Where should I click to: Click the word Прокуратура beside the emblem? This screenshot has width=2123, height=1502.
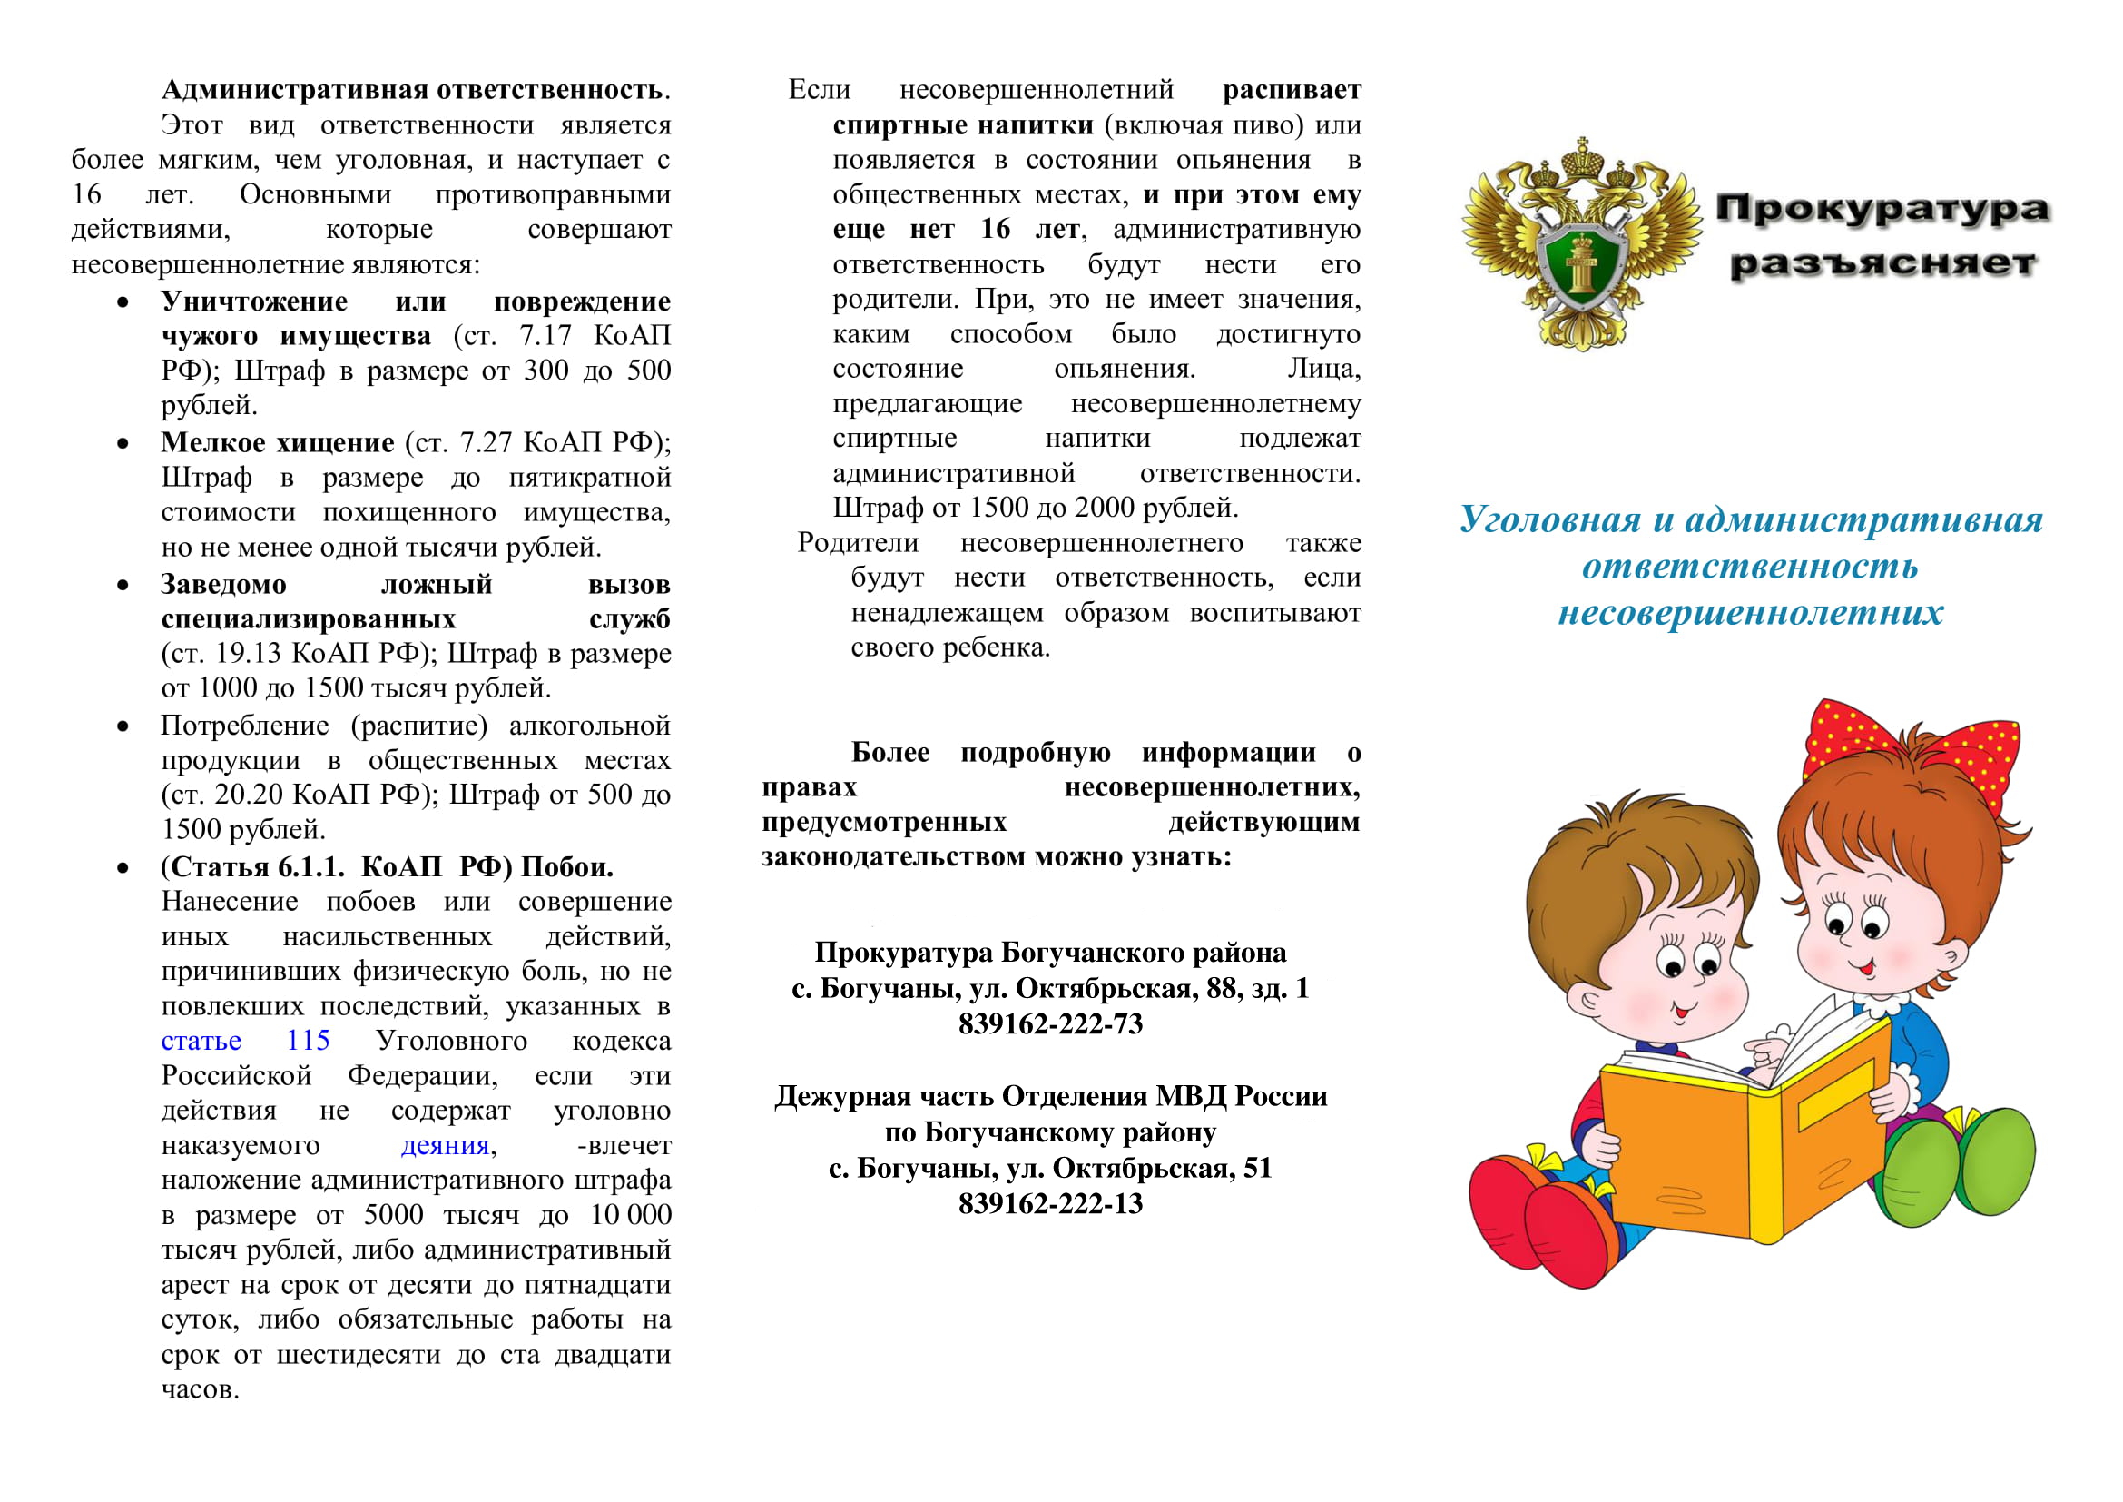(1882, 209)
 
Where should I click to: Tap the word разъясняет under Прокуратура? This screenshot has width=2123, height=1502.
(1882, 263)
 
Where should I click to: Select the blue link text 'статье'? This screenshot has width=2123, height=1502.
(201, 1042)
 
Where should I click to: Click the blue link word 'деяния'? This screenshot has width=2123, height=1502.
(445, 1146)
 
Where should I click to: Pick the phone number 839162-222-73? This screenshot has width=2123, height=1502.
(1050, 1024)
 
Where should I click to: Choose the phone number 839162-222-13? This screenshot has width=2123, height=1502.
(1050, 1204)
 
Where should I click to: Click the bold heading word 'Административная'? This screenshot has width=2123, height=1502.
(295, 90)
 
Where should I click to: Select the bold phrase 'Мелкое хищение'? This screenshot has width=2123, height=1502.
(278, 443)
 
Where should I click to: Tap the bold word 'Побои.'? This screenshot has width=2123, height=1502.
(566, 867)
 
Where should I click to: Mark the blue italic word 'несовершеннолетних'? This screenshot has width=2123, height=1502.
(1750, 612)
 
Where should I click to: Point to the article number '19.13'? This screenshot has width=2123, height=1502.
(247, 654)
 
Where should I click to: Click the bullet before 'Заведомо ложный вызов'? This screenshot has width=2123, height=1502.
(123, 586)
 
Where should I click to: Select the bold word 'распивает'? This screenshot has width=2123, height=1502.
(1291, 90)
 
